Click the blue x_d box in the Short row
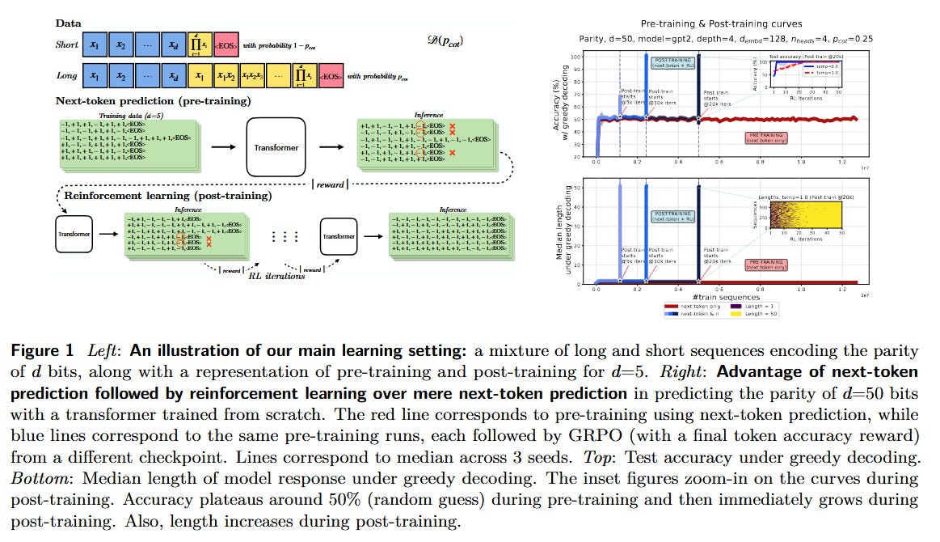coord(175,44)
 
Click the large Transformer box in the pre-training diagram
coord(275,147)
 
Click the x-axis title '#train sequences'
coord(727,297)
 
